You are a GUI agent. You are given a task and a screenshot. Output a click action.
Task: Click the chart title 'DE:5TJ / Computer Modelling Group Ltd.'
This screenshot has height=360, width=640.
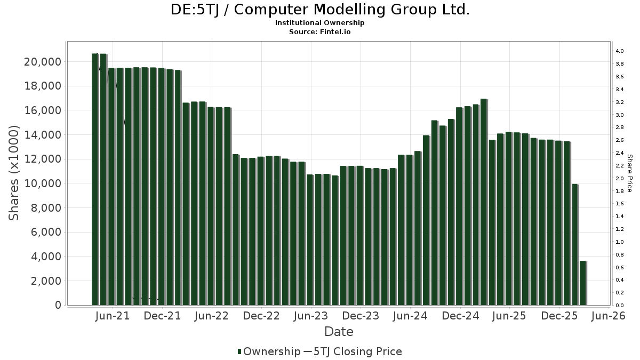pyautogui.click(x=320, y=10)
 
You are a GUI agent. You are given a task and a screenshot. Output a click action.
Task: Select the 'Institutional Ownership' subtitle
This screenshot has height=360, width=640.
pyautogui.click(x=320, y=23)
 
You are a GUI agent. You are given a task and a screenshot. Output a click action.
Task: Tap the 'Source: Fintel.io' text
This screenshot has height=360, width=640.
pyautogui.click(x=320, y=31)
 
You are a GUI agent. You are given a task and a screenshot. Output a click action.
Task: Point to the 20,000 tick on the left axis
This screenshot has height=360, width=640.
pyautogui.click(x=43, y=62)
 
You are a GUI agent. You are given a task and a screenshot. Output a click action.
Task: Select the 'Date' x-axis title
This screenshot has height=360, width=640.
pyautogui.click(x=339, y=332)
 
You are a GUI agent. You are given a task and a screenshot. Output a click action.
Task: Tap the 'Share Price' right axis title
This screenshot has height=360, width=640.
pyautogui.click(x=629, y=173)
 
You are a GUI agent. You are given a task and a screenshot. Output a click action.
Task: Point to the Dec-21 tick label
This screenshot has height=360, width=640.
pyautogui.click(x=163, y=316)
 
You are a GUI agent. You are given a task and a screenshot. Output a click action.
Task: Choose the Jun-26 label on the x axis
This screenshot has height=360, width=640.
pyautogui.click(x=608, y=316)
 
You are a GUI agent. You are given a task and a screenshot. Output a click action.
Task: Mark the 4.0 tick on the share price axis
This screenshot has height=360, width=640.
pyautogui.click(x=619, y=51)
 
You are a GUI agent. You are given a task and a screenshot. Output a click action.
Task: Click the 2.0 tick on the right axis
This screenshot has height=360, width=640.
pyautogui.click(x=619, y=179)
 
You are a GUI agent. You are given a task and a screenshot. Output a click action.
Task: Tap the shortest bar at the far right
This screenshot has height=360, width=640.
pyautogui.click(x=583, y=283)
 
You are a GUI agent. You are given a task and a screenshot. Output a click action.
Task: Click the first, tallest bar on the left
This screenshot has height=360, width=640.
pyautogui.click(x=95, y=179)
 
